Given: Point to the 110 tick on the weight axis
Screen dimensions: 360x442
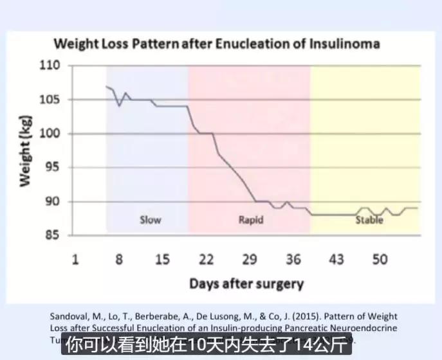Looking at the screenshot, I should pos(50,66).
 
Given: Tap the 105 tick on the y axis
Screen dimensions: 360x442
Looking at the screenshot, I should pos(50,100).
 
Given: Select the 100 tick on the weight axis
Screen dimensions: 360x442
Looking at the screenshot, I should pos(50,134).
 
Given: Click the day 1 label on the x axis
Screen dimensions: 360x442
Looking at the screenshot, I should pos(75,259).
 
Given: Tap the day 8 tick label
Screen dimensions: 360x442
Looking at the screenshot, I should pos(118,259).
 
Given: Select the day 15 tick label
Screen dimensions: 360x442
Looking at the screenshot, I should pos(162,259).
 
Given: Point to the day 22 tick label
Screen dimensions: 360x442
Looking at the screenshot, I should pos(206,259).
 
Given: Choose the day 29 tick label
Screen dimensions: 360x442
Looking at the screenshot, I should pos(250,259).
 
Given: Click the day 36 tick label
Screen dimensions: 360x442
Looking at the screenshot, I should pos(293,259).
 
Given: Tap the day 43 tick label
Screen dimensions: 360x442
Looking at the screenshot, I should pos(336,259).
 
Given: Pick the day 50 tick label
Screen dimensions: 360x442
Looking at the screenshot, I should pos(380,259).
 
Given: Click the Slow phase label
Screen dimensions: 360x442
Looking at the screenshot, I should pos(150,220).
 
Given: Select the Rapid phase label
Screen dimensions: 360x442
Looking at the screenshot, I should pos(251,220).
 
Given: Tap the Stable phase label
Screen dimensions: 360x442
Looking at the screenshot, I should pos(369,220).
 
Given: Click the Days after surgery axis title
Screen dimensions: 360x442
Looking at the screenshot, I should pos(246,283).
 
